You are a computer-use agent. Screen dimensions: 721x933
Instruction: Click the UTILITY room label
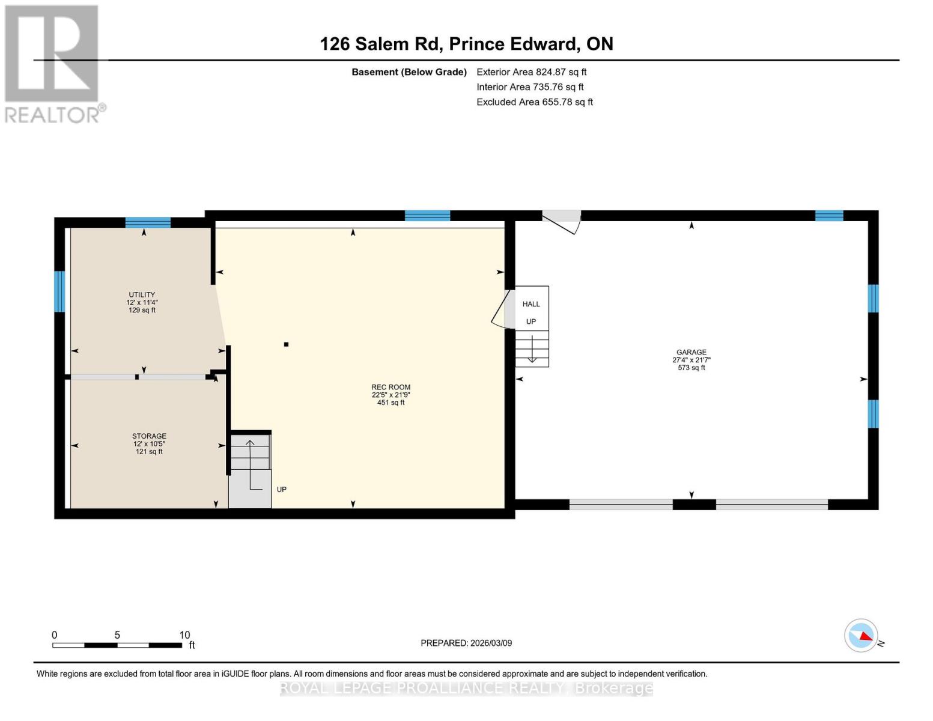(x=142, y=295)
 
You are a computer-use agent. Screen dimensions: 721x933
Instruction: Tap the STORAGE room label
(x=149, y=436)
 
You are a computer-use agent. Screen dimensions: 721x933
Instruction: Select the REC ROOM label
(x=391, y=388)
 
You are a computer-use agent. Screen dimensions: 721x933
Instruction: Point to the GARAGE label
(x=691, y=353)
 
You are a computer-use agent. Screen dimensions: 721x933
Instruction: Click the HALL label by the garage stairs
(x=531, y=304)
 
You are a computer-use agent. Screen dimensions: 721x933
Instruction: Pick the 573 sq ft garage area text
(x=691, y=368)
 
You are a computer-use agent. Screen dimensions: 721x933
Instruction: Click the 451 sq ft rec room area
(x=391, y=403)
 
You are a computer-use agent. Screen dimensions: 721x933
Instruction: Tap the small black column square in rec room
(x=287, y=344)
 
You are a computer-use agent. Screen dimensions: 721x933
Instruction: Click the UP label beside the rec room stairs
(x=281, y=490)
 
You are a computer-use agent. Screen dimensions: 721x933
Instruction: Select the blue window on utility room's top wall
(x=148, y=223)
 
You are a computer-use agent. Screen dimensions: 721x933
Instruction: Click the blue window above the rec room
(x=427, y=216)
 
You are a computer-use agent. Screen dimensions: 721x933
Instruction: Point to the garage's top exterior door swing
(x=562, y=220)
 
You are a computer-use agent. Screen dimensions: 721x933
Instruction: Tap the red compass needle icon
(x=865, y=636)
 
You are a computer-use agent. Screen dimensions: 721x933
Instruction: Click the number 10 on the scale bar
(x=184, y=635)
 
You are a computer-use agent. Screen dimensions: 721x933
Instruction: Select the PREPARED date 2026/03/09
(x=466, y=643)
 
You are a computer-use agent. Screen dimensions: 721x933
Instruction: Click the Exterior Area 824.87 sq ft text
(x=531, y=72)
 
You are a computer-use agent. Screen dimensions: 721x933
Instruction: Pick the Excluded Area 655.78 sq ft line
(x=535, y=102)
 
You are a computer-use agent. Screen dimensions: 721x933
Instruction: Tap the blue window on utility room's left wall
(x=59, y=291)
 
